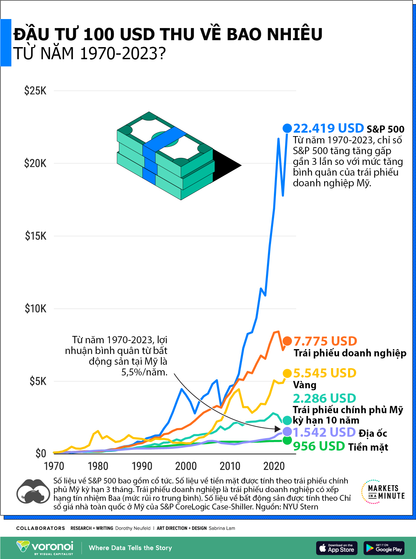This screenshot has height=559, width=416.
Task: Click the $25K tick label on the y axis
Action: (x=35, y=91)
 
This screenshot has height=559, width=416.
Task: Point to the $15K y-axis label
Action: (x=35, y=236)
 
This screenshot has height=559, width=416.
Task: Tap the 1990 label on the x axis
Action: (x=142, y=466)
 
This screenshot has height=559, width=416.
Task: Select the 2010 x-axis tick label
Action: (x=230, y=466)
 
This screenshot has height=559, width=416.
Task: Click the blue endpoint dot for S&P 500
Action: (x=287, y=128)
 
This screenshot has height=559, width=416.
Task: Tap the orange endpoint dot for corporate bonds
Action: (x=287, y=341)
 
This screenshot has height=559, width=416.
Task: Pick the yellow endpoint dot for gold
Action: (x=287, y=373)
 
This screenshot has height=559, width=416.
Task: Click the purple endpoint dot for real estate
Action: (x=287, y=432)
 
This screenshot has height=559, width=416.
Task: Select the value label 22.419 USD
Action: (x=328, y=128)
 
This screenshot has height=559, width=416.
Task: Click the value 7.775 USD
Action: (x=325, y=341)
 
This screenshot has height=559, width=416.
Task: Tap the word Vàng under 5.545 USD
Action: (x=305, y=385)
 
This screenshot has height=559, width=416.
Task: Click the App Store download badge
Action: (x=337, y=548)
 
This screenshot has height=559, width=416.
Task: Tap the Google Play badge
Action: (x=384, y=548)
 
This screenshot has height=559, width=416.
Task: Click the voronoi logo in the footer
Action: (x=45, y=548)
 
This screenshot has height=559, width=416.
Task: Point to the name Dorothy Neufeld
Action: (x=133, y=528)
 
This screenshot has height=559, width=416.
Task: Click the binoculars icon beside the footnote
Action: (x=33, y=492)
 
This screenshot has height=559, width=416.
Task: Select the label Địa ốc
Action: (x=373, y=433)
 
